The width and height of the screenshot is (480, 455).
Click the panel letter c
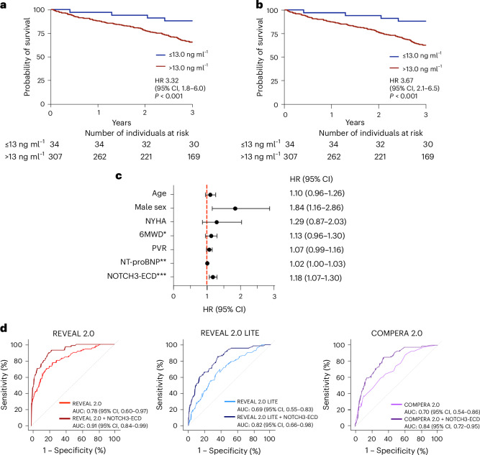(x=119, y=176)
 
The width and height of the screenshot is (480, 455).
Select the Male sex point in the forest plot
(x=235, y=208)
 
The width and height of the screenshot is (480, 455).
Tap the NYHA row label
(x=156, y=221)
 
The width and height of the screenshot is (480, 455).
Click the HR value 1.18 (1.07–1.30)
(x=316, y=278)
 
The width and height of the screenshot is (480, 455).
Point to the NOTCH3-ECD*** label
(x=137, y=276)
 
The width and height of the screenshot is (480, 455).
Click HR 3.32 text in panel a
(x=167, y=81)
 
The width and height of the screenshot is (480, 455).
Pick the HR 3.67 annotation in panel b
(x=402, y=81)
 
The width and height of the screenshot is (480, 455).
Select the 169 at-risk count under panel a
(x=194, y=157)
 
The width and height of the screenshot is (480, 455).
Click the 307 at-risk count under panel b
(x=290, y=157)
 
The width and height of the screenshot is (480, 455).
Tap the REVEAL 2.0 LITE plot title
(x=230, y=333)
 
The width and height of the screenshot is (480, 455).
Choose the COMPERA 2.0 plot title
(x=397, y=333)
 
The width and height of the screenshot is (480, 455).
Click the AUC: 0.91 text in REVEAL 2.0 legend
(x=110, y=426)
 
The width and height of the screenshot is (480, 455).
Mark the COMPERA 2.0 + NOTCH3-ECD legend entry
(x=442, y=419)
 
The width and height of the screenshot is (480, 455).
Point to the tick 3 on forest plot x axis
(x=274, y=296)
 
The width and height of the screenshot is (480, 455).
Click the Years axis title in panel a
(x=122, y=123)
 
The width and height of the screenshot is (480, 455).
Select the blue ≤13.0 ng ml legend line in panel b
(x=394, y=57)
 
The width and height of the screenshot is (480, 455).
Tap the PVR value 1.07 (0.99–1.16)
(x=317, y=250)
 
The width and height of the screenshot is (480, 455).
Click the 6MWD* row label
(x=153, y=234)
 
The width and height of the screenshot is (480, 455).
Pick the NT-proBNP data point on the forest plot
(x=207, y=263)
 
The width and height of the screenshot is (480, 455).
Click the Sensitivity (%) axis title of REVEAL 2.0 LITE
(x=159, y=385)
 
